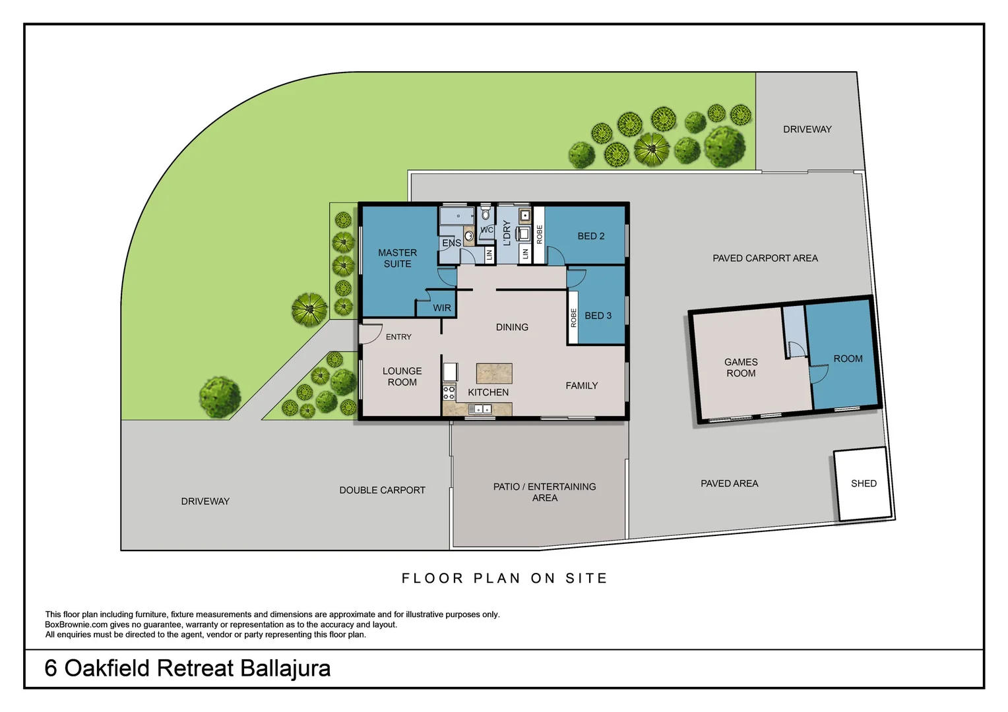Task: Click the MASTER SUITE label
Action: (397, 258)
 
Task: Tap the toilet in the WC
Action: (486, 214)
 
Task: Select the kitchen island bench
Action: (494, 373)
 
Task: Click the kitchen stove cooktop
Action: (449, 393)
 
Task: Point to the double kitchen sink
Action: (480, 409)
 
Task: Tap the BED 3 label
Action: (598, 316)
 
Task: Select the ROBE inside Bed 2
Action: (539, 235)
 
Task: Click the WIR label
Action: (442, 308)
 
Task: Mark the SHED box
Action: (863, 484)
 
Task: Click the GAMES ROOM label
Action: (741, 367)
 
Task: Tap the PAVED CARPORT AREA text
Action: (765, 258)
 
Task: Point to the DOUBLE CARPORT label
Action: (382, 490)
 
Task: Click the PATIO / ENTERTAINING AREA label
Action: (544, 492)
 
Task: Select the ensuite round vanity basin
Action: (469, 235)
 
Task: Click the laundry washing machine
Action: (524, 233)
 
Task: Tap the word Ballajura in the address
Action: (285, 668)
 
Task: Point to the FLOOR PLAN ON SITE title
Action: (504, 578)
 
